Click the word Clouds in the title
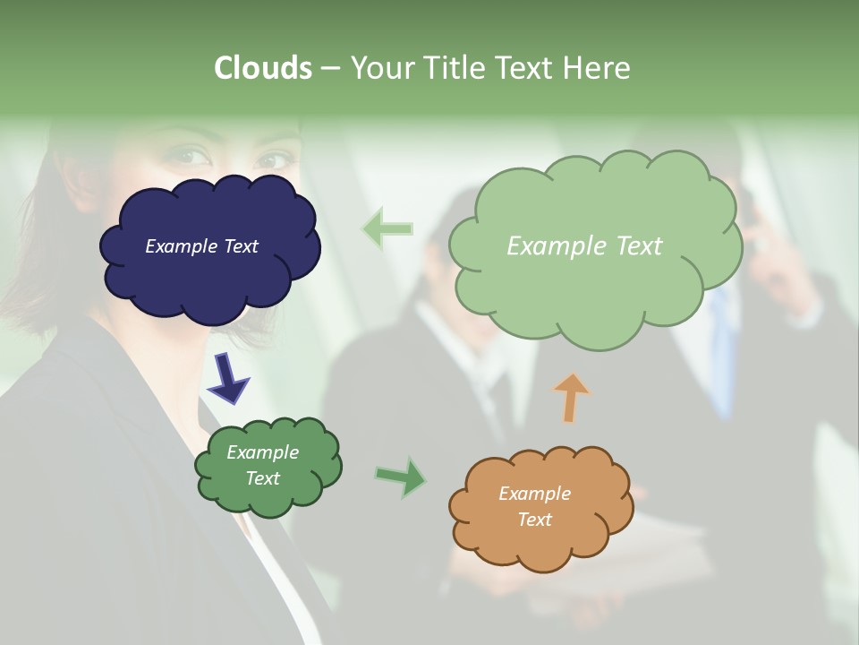(262, 67)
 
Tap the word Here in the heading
(597, 67)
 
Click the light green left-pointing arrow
(387, 228)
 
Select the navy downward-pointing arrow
(228, 376)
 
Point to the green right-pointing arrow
(401, 477)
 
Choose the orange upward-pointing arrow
(571, 397)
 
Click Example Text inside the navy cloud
(201, 246)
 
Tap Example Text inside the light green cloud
(584, 246)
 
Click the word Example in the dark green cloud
(262, 452)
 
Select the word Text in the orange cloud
(534, 520)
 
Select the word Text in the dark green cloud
(262, 478)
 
